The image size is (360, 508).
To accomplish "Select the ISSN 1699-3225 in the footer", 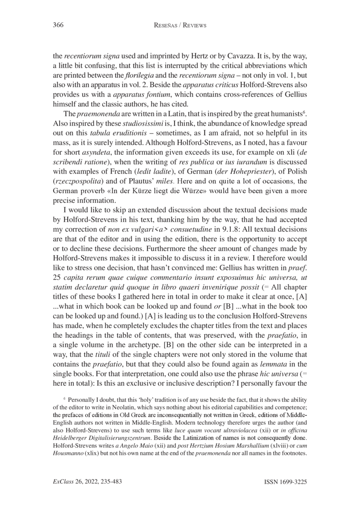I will [x=283, y=482].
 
